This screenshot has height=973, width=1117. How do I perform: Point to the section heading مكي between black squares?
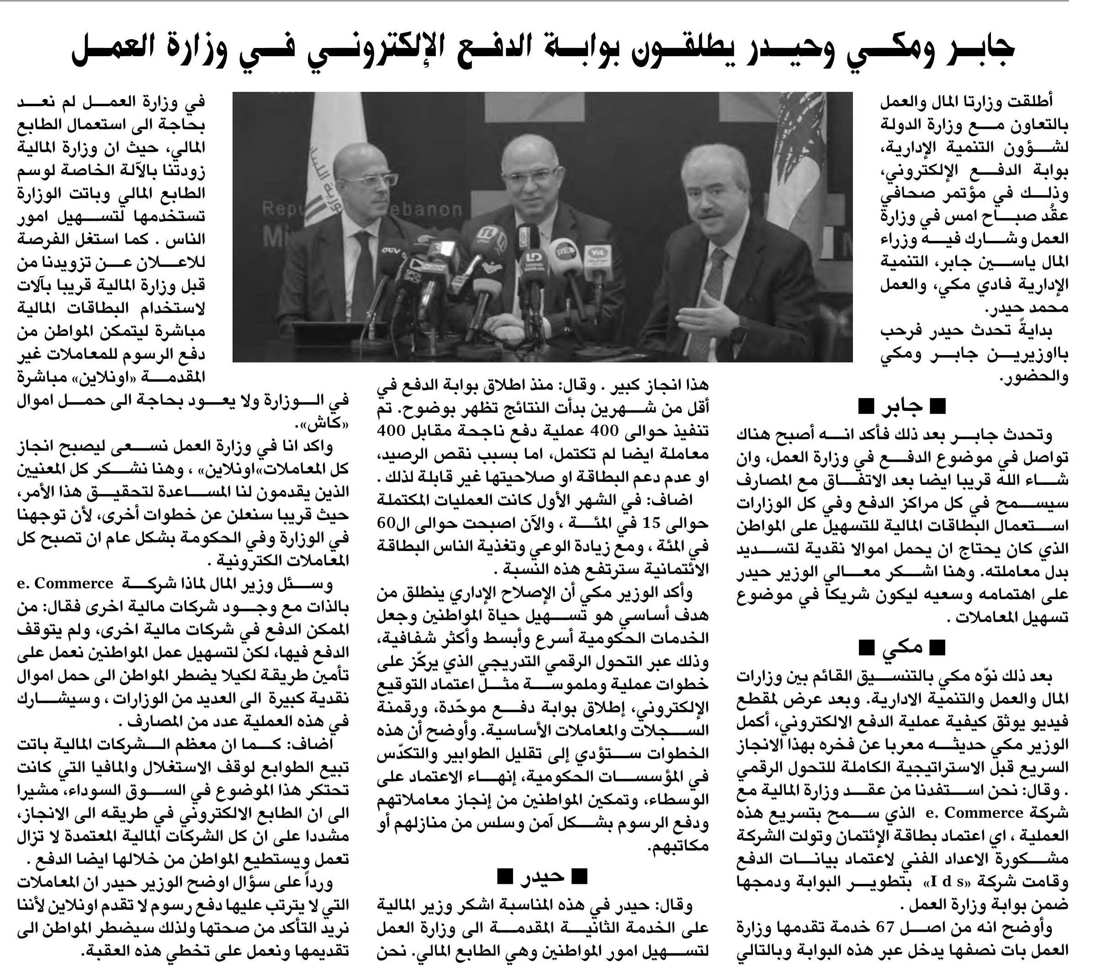click(x=902, y=647)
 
